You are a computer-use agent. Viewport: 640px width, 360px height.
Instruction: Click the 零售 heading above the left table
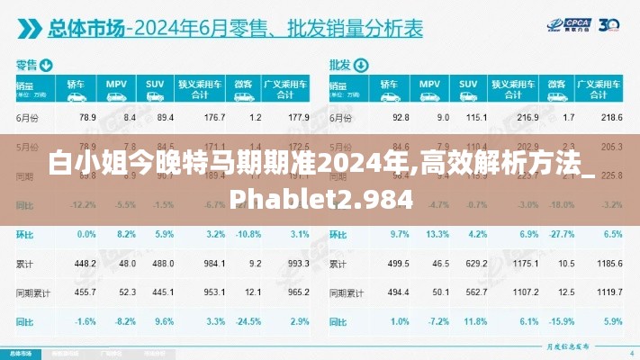tap(24, 65)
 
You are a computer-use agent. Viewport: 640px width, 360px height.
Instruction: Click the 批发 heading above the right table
tap(338, 65)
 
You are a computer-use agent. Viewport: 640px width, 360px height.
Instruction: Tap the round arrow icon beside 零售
tap(46, 65)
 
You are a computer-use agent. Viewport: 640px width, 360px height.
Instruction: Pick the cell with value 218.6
tap(611, 118)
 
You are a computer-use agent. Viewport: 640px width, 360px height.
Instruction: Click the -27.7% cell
tap(562, 234)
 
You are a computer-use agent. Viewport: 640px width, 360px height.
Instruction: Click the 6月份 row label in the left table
tap(28, 118)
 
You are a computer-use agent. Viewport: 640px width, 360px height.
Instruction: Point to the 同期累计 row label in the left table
tap(32, 292)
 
